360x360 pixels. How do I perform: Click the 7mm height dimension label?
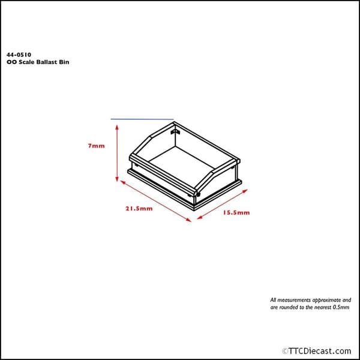96,146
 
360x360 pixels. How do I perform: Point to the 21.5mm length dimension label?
139,209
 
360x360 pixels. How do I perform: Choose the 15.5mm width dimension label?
236,212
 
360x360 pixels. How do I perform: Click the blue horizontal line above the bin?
142,119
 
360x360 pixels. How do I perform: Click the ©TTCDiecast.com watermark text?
316,351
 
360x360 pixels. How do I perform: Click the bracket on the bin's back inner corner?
175,130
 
